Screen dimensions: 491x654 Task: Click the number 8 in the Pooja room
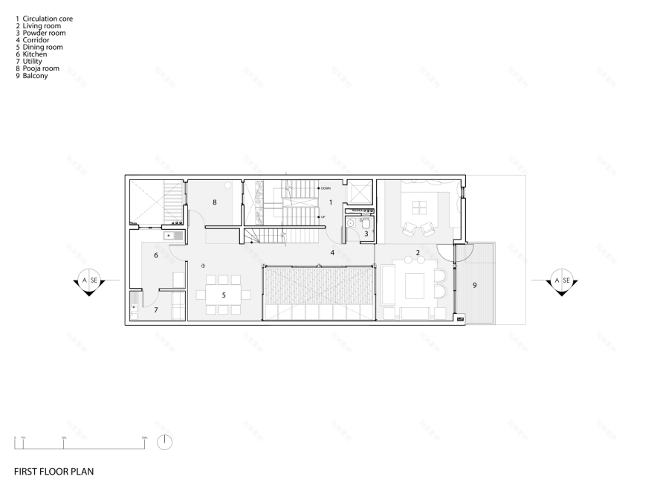[214, 202]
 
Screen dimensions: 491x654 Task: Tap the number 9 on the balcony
[474, 284]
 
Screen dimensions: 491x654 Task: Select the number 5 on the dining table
[224, 295]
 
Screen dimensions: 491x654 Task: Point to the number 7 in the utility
[155, 309]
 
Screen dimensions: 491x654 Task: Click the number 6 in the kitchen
[155, 255]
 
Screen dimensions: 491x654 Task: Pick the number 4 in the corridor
[332, 253]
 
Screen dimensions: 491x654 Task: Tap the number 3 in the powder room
[366, 234]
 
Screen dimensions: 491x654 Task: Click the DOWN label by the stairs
[325, 189]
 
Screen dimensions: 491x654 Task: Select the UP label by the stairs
[323, 216]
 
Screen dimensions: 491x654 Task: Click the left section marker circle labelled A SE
[88, 280]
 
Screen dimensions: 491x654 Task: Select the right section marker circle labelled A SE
[561, 280]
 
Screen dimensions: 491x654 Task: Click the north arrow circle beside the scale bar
[165, 442]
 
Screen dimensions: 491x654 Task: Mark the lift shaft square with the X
[359, 192]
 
